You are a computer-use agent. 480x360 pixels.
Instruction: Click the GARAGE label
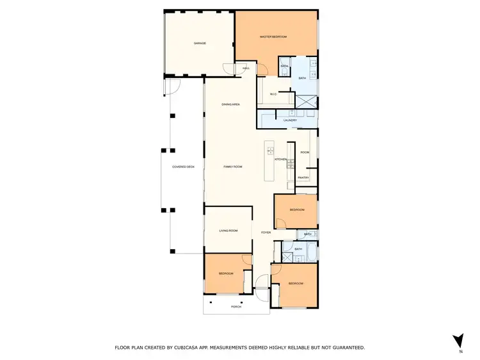pyautogui.click(x=200, y=43)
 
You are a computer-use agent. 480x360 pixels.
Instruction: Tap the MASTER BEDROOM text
pyautogui.click(x=273, y=37)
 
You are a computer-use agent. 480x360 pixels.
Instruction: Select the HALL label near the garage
pyautogui.click(x=246, y=68)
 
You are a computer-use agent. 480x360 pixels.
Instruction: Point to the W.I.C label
pyautogui.click(x=273, y=95)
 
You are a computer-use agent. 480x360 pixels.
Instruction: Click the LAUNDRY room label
pyautogui.click(x=290, y=120)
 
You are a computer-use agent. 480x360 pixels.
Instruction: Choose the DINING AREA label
pyautogui.click(x=230, y=104)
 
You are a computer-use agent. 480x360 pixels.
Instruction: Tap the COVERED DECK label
pyautogui.click(x=183, y=167)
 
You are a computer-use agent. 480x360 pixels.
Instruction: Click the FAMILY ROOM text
pyautogui.click(x=232, y=167)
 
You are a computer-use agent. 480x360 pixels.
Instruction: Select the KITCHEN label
pyautogui.click(x=281, y=159)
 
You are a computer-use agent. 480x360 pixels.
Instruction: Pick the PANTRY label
pyautogui.click(x=303, y=178)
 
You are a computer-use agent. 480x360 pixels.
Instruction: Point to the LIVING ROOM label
pyautogui.click(x=228, y=231)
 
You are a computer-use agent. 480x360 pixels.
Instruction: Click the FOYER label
pyautogui.click(x=266, y=233)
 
